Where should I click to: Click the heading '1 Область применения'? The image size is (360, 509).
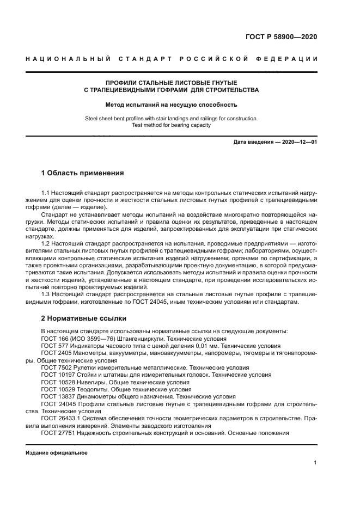click(x=83, y=174)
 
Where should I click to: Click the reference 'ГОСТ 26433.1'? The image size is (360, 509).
click(x=60, y=419)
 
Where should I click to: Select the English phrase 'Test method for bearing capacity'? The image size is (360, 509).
click(x=171, y=125)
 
